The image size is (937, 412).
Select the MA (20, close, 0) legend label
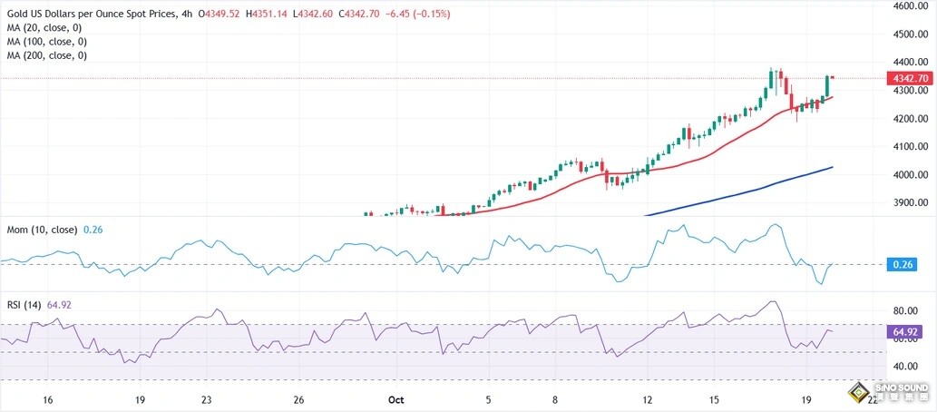pos(45,28)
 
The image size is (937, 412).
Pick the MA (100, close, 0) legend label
pos(48,42)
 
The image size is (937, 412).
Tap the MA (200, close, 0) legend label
pos(48,55)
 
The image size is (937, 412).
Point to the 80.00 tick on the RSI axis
pos(904,310)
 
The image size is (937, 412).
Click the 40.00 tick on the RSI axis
pos(904,367)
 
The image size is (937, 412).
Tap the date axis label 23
pos(207,399)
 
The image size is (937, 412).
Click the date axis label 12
pos(647,399)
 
